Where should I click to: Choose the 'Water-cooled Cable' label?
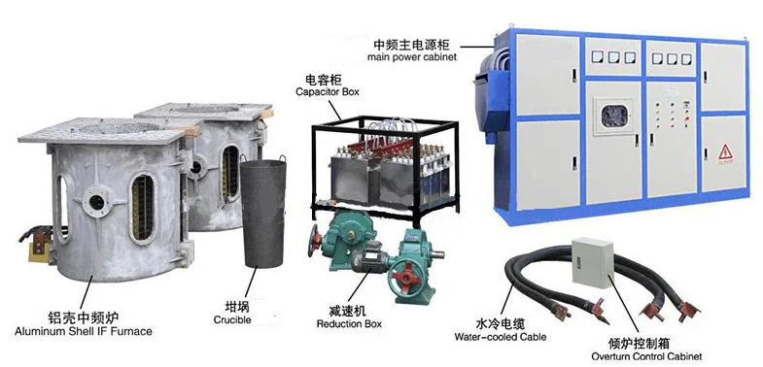click(x=500, y=337)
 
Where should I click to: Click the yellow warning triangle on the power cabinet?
click(x=723, y=151)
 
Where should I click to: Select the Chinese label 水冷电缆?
click(x=500, y=323)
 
